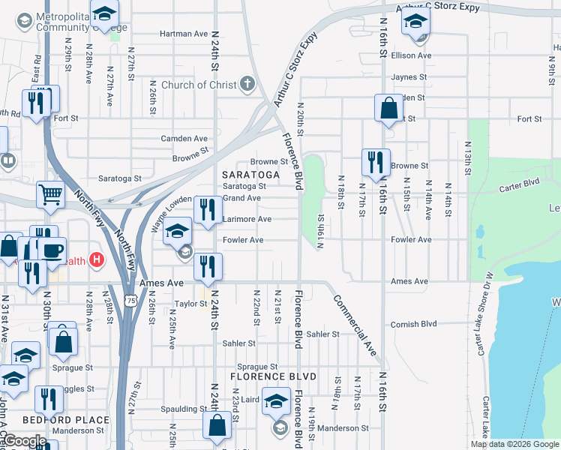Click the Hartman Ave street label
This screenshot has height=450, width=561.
184,34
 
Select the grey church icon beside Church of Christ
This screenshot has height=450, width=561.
248,84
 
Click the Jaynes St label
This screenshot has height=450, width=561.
409,77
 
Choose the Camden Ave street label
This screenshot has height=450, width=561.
184,139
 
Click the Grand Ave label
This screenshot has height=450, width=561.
241,198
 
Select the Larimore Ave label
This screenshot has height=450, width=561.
247,219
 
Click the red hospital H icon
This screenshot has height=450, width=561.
96,260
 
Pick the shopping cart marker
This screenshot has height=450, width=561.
50,195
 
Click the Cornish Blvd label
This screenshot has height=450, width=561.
413,325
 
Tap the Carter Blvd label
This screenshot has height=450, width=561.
520,182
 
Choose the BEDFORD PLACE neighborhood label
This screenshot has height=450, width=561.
65,420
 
